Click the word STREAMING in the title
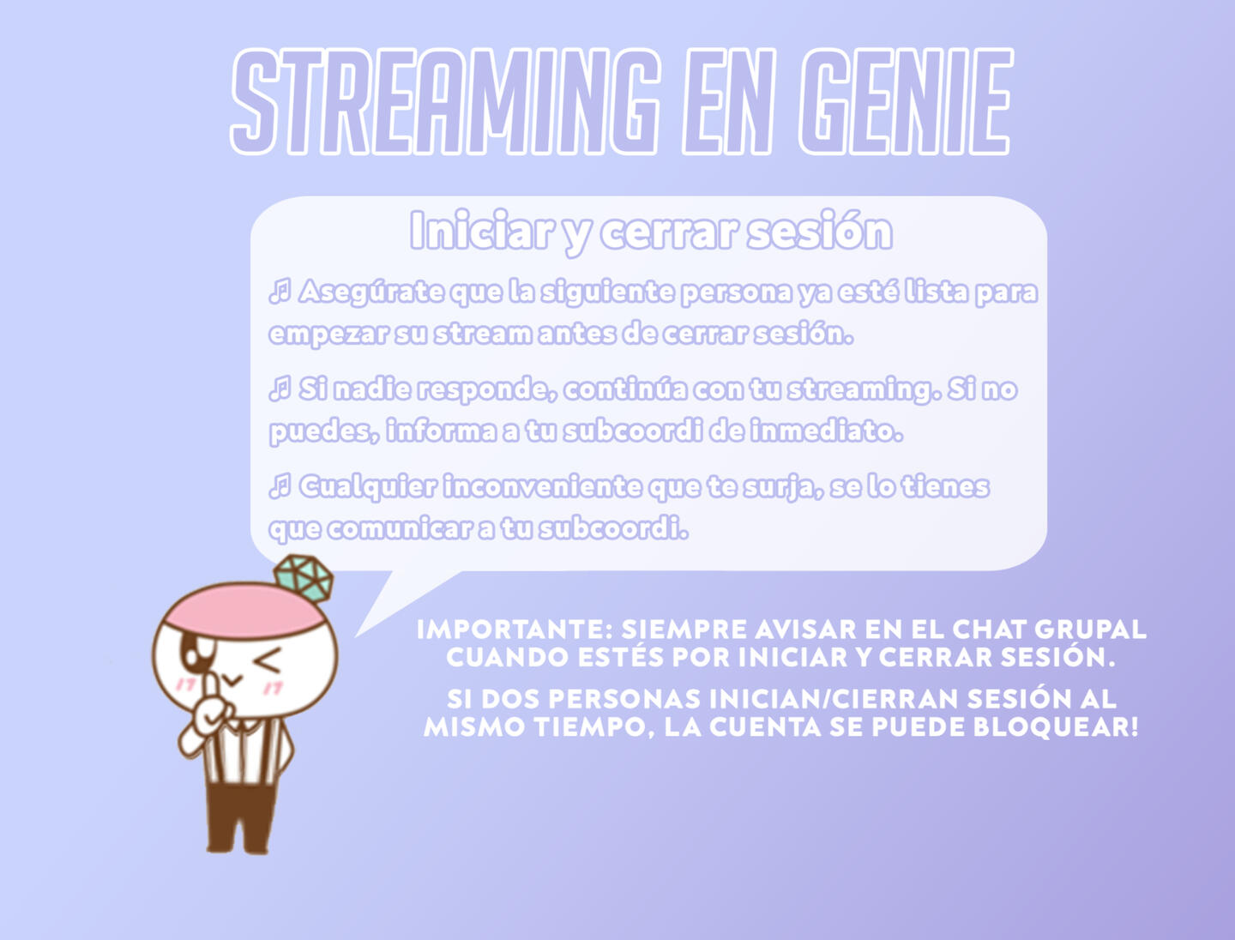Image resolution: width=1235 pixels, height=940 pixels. point(444,101)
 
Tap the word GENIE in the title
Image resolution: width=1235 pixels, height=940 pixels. point(906,101)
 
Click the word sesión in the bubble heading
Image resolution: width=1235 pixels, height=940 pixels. point(820,231)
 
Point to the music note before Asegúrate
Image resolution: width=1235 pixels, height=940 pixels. point(280,292)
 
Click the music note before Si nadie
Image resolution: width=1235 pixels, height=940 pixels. point(280,389)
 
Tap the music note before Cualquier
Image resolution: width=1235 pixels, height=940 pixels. point(280,486)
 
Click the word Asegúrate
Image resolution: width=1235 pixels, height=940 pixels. point(371,292)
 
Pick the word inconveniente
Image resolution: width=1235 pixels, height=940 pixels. point(542,486)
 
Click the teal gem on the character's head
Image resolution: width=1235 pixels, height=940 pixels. point(304,577)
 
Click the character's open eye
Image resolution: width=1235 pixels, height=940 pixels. point(194,653)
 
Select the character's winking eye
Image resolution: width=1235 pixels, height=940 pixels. point(268,660)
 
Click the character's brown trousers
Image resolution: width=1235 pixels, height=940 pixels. point(241,816)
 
